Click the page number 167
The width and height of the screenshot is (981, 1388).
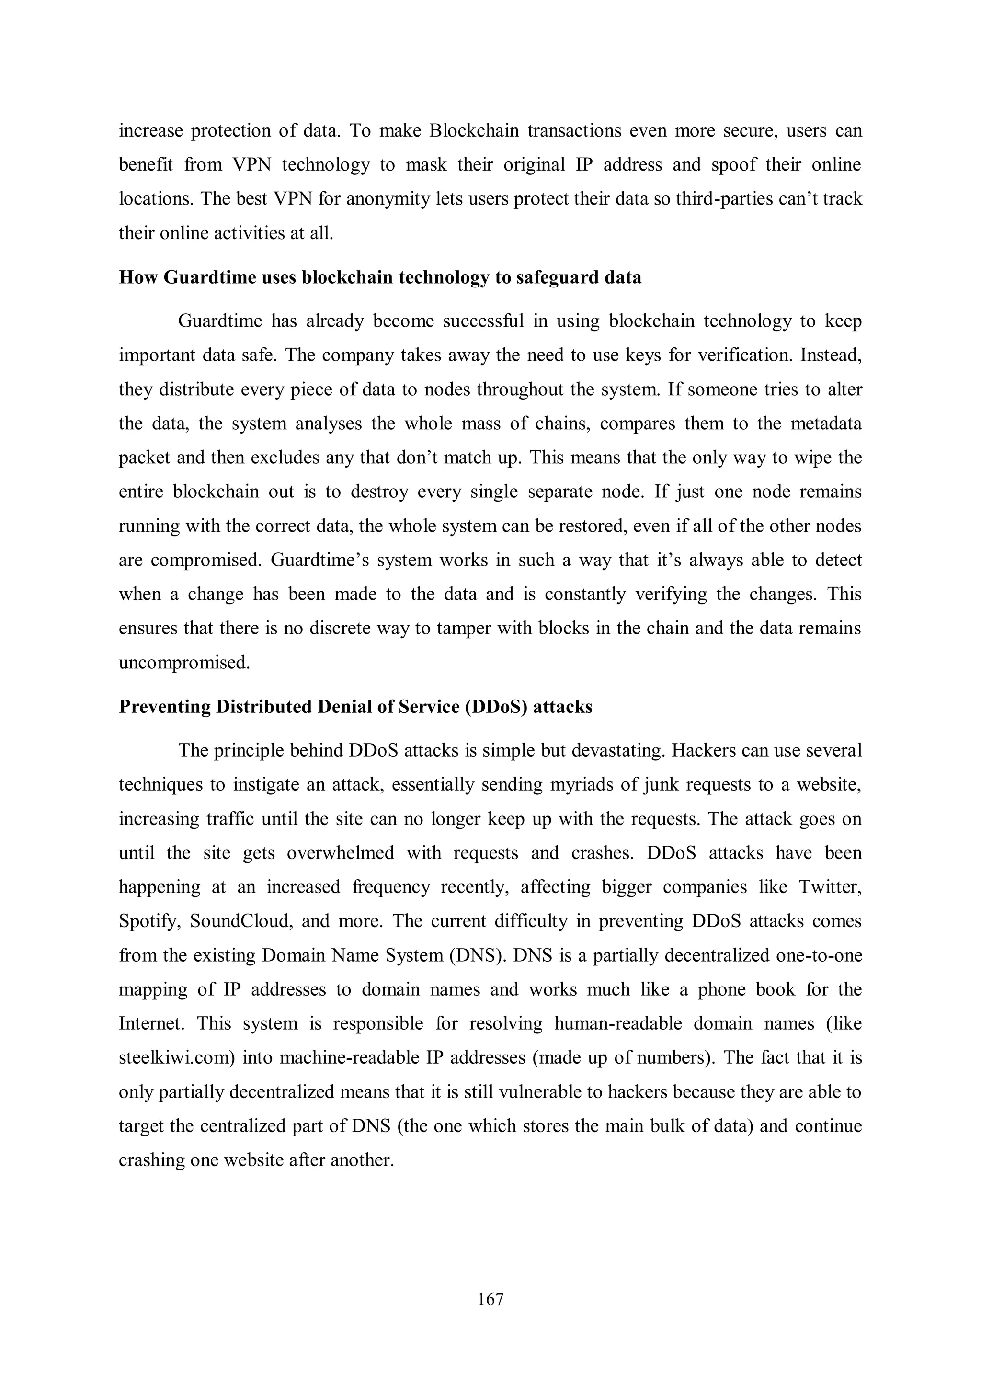(490, 1298)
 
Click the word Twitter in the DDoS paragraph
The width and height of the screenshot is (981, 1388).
(830, 887)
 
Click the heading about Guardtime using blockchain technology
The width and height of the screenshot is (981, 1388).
(379, 277)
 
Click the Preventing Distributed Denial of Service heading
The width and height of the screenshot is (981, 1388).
(355, 707)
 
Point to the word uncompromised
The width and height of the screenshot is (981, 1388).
(184, 663)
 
